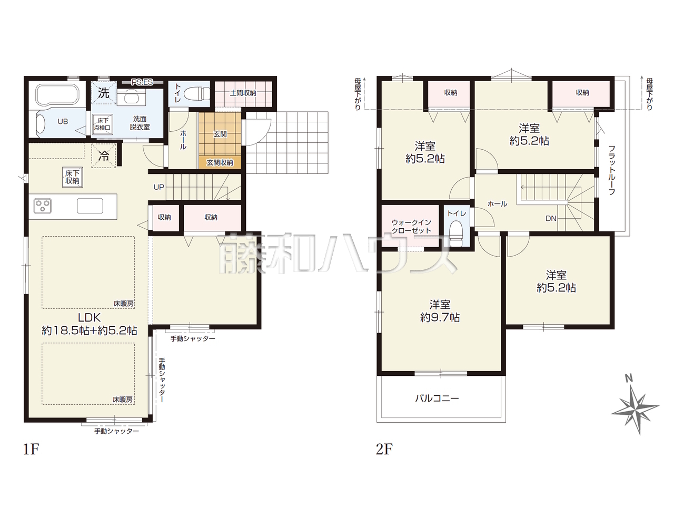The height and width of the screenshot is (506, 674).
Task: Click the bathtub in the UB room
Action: tap(58, 95)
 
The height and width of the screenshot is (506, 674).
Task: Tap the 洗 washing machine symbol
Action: tap(104, 93)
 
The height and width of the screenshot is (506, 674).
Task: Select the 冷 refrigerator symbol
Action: tap(104, 156)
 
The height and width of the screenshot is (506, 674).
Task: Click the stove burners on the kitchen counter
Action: tap(42, 206)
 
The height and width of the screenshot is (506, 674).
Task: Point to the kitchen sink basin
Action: tap(90, 206)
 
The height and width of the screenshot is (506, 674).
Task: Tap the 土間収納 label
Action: tap(243, 92)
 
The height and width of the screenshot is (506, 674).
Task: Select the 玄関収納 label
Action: tap(220, 162)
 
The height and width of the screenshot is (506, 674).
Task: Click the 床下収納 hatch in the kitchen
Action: tap(72, 177)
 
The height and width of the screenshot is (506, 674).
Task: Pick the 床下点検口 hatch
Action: tap(103, 124)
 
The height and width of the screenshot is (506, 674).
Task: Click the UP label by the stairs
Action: tap(158, 187)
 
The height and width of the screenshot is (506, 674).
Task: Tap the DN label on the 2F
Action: tap(551, 218)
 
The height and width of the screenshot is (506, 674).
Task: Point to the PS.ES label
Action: tap(142, 82)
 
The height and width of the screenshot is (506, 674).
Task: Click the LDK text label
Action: tap(89, 317)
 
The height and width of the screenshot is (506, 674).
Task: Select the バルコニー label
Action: tap(437, 398)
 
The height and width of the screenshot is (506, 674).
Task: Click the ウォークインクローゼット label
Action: tap(411, 227)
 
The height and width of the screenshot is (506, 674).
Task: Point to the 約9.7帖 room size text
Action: tap(440, 318)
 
